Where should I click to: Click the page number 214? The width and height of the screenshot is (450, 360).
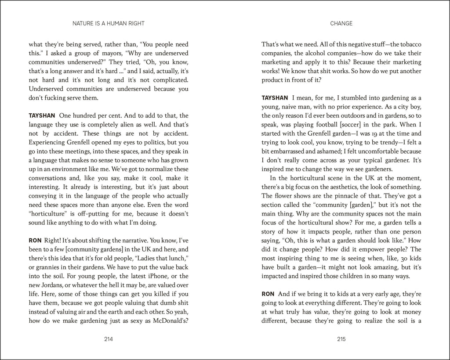point(109,338)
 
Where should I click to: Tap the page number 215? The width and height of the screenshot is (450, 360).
point(341,338)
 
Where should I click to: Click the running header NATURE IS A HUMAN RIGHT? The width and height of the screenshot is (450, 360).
point(109,24)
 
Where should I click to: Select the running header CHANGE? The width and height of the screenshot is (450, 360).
point(341,24)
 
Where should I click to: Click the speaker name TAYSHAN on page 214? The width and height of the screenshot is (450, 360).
point(42,116)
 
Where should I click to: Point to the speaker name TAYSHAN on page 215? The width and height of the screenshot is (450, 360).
point(275,98)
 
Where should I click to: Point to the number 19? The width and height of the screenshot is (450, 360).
point(373,133)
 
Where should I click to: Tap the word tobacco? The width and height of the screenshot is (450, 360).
point(406,44)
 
